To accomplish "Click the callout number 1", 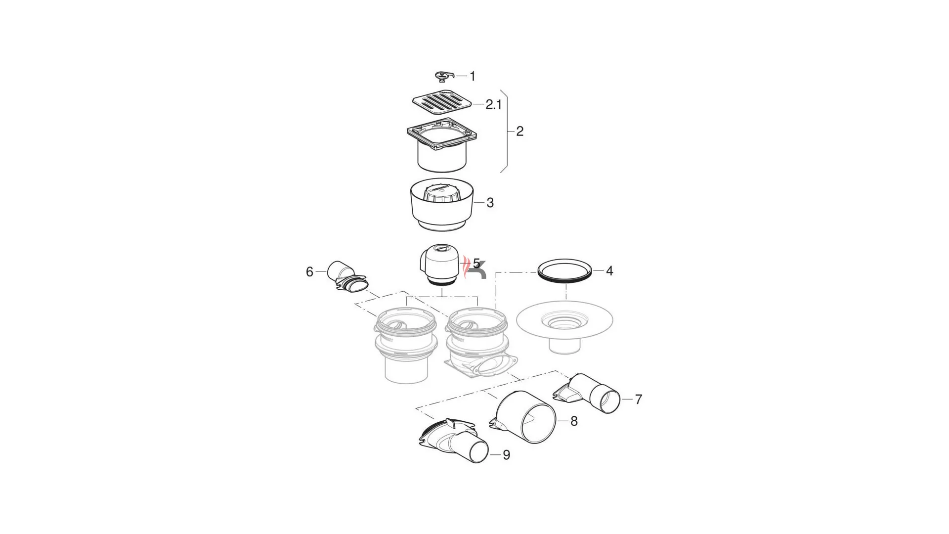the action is tap(473, 76).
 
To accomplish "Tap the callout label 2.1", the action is tap(493, 105).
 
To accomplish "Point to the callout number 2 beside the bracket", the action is tap(519, 132).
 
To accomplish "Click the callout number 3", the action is tap(490, 203).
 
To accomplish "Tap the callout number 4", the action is tap(609, 271).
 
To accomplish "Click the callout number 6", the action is tap(309, 272).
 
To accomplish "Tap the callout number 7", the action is tap(638, 400).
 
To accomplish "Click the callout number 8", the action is tap(574, 421).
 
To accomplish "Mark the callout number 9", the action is tap(506, 455).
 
